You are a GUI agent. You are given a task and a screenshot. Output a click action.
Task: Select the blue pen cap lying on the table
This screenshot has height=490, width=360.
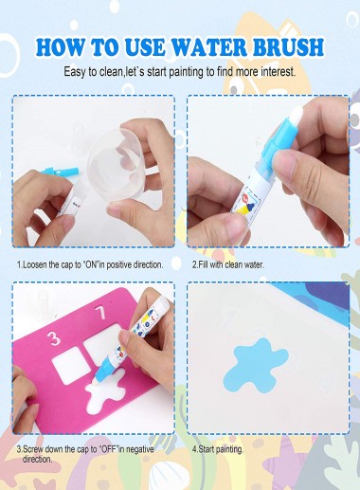point(60,172)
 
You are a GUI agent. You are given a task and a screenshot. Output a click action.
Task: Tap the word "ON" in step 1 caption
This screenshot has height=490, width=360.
point(91,264)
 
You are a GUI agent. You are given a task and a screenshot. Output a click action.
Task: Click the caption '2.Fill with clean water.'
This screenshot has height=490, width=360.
point(228,264)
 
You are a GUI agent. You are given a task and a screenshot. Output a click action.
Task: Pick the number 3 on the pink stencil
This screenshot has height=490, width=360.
point(54,337)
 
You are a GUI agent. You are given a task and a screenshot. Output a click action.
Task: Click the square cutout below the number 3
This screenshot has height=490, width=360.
point(71,365)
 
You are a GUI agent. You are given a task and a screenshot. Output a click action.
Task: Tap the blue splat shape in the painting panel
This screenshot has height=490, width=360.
point(256,366)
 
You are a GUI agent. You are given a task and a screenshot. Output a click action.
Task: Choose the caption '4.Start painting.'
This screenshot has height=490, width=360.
point(218,449)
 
